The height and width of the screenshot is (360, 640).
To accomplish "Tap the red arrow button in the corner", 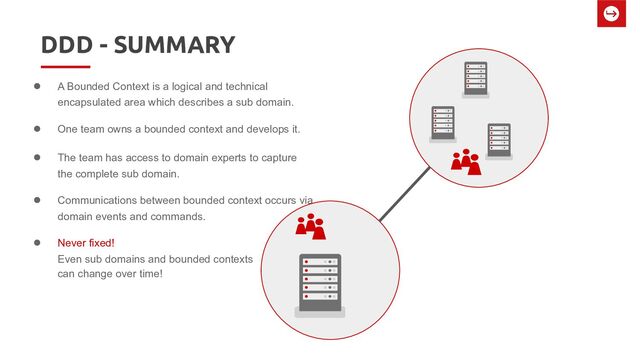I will pyautogui.click(x=610, y=15).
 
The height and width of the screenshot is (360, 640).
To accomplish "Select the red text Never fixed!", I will pyautogui.click(x=86, y=243).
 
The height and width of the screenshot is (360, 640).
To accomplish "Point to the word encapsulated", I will pyautogui.click(x=93, y=103).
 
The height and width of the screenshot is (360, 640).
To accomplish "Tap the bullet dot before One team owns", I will pyautogui.click(x=38, y=130).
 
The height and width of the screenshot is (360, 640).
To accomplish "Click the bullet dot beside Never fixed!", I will pyautogui.click(x=38, y=243).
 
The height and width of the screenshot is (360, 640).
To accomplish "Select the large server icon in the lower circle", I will pyautogui.click(x=320, y=283).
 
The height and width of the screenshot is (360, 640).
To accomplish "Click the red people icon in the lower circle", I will pyautogui.click(x=311, y=227).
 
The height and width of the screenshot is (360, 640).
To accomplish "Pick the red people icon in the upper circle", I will pyautogui.click(x=465, y=162).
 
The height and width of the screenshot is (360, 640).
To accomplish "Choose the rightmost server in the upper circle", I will pyautogui.click(x=498, y=141).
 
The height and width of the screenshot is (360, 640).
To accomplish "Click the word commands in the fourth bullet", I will pyautogui.click(x=183, y=216).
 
